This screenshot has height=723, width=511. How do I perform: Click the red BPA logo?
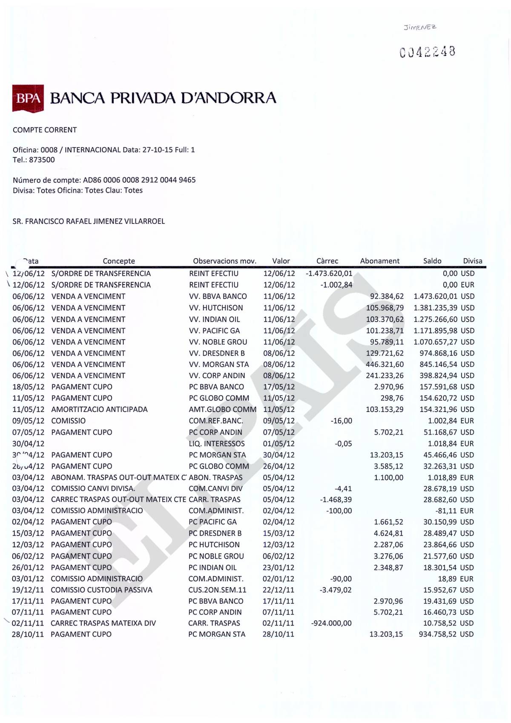pos(28,98)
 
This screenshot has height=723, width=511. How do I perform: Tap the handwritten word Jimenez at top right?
pos(420,27)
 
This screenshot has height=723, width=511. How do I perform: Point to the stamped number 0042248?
pos(428,52)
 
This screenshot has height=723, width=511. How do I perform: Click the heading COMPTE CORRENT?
pos(45,130)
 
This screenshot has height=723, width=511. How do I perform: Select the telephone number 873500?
pos(42,160)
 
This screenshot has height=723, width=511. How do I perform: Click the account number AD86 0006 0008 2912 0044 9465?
pos(138,180)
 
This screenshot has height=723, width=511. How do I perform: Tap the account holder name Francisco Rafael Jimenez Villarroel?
pos(89,221)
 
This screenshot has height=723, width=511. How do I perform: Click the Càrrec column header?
pos(327,261)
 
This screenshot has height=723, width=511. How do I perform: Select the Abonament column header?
pos(380,261)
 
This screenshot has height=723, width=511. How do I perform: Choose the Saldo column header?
pos(432,261)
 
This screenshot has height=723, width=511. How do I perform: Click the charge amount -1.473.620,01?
pos(329,274)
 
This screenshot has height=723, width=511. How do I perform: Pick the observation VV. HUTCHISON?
pos(216,308)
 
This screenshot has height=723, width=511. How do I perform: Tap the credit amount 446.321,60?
pos(385,364)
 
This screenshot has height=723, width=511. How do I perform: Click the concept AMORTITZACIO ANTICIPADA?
pos(99,409)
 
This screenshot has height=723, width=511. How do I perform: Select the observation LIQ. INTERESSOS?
pos(217,443)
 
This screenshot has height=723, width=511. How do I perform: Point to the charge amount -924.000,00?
pos(331,623)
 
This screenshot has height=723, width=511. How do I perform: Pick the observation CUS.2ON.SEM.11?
pos(217,590)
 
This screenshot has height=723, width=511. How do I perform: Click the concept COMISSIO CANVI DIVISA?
pos(93,489)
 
